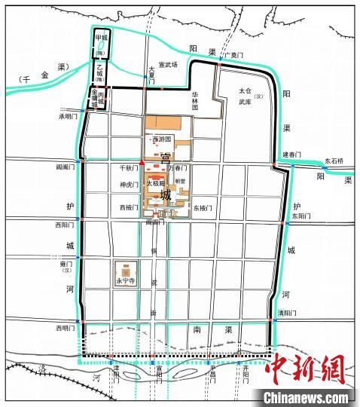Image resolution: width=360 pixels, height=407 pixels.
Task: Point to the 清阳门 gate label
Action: (286, 313)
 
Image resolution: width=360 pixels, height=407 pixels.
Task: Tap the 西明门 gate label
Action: (66, 329)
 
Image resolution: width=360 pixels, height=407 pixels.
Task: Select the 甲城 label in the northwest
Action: (100, 37)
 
